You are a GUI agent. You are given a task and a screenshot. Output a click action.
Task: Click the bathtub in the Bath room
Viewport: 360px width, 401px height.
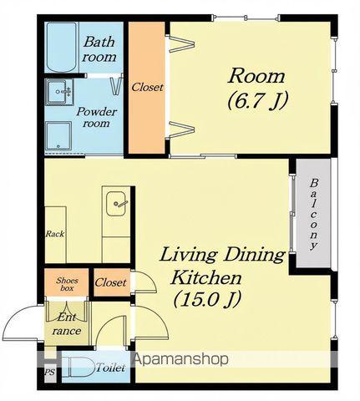(x=62, y=48)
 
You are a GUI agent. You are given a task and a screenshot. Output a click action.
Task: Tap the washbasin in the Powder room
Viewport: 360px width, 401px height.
(x=59, y=92)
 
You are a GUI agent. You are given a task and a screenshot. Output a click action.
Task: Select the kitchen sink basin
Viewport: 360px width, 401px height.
(x=117, y=204)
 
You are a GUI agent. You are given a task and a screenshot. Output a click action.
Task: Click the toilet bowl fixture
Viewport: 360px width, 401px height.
(x=77, y=367)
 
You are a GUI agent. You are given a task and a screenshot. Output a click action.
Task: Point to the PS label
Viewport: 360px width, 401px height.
(x=50, y=373)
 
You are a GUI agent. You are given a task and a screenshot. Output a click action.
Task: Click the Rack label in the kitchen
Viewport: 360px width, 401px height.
(x=55, y=234)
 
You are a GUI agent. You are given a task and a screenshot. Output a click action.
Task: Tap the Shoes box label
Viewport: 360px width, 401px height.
(x=67, y=284)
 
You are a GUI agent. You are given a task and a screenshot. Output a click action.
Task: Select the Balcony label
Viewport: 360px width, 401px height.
(x=314, y=215)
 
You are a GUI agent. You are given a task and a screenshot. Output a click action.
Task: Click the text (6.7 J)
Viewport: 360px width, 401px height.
(x=257, y=101)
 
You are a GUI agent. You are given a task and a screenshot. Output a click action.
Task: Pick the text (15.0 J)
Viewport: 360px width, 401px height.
(x=206, y=299)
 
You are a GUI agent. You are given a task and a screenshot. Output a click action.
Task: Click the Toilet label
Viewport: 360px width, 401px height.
(x=110, y=368)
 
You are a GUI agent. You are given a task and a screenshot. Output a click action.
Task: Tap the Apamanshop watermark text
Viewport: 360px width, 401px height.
(x=181, y=360)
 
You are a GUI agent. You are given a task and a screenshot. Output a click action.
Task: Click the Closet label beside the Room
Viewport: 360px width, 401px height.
(x=147, y=87)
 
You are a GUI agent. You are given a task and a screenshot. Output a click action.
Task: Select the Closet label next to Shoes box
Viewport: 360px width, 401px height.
(x=110, y=282)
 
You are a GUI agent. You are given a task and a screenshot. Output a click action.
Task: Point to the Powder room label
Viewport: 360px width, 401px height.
(x=96, y=117)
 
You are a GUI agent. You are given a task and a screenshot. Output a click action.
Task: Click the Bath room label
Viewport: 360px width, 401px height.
(x=99, y=49)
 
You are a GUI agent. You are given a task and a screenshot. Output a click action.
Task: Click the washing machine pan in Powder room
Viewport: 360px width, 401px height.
(x=58, y=135)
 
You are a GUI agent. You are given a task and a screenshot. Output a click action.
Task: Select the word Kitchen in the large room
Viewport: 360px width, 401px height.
(x=205, y=277)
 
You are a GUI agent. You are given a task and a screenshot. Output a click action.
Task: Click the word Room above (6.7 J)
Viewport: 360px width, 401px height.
(x=256, y=76)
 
